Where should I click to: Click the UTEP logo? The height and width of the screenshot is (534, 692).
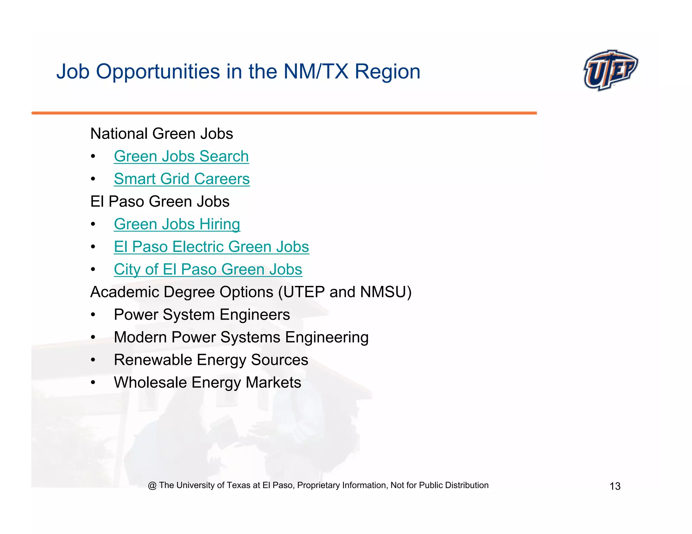(x=610, y=70)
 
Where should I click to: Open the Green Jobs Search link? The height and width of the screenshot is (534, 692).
(x=181, y=156)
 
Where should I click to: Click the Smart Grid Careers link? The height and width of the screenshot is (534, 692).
(x=181, y=179)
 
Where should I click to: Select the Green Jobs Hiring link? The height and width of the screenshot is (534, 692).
(x=177, y=224)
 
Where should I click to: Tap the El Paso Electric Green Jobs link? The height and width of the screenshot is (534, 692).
(x=211, y=247)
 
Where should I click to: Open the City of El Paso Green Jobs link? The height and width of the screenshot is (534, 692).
(x=208, y=269)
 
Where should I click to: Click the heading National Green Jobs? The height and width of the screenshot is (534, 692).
(x=162, y=134)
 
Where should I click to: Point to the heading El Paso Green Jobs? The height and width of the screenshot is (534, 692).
(x=160, y=202)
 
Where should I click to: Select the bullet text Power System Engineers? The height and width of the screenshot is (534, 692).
(x=202, y=315)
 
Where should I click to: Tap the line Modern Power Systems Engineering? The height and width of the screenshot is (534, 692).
(x=241, y=337)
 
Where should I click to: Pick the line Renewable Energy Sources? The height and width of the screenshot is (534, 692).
(x=211, y=360)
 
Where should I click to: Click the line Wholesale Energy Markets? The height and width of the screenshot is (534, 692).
(x=207, y=382)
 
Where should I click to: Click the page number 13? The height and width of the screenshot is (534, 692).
(x=615, y=486)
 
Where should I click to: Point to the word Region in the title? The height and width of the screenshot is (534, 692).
(x=387, y=72)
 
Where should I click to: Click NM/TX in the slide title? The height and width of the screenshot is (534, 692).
(x=316, y=72)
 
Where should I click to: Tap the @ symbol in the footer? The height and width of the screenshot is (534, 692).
(x=152, y=485)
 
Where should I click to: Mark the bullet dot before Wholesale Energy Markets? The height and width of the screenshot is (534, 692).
(x=93, y=383)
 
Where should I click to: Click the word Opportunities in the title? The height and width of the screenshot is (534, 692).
(x=158, y=72)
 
